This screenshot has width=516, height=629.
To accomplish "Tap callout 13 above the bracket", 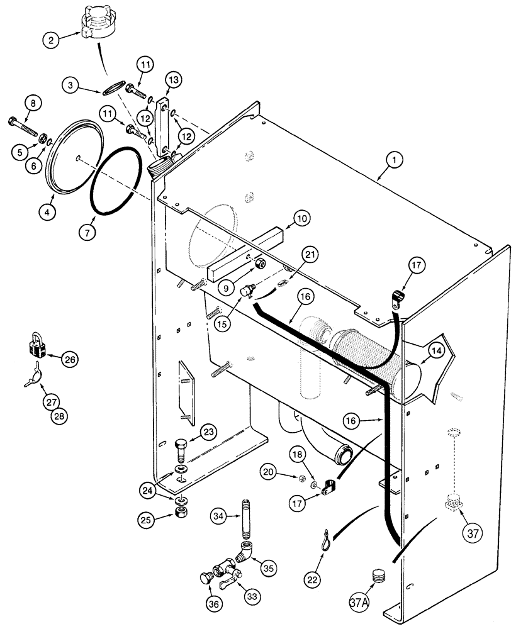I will (x=173, y=79).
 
